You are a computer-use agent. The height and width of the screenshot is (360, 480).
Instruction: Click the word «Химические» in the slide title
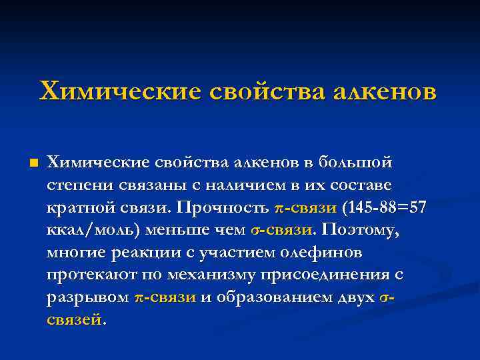[119, 91]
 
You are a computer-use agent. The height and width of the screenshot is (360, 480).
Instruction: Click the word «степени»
[76, 185]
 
